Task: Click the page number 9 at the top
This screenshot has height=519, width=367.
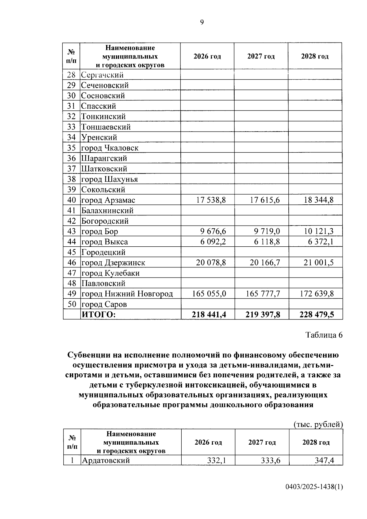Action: coord(202,22)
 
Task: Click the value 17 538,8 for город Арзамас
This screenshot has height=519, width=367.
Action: coord(211,200)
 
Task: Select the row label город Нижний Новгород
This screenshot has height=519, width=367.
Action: coord(127,294)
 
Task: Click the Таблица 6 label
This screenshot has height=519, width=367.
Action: coord(324,335)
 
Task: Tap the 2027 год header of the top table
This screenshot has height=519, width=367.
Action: coord(261,57)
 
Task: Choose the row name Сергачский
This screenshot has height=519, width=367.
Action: coord(102,75)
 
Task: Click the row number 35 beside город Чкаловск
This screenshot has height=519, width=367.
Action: coord(71,148)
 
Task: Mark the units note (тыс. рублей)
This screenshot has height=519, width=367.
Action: coord(318,424)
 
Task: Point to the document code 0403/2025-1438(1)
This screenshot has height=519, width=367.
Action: coord(314,487)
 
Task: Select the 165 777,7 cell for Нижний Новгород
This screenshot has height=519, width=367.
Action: coord(263,294)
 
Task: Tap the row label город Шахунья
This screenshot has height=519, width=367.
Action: coord(109,179)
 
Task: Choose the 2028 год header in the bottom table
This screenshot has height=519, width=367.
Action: coord(316,442)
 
